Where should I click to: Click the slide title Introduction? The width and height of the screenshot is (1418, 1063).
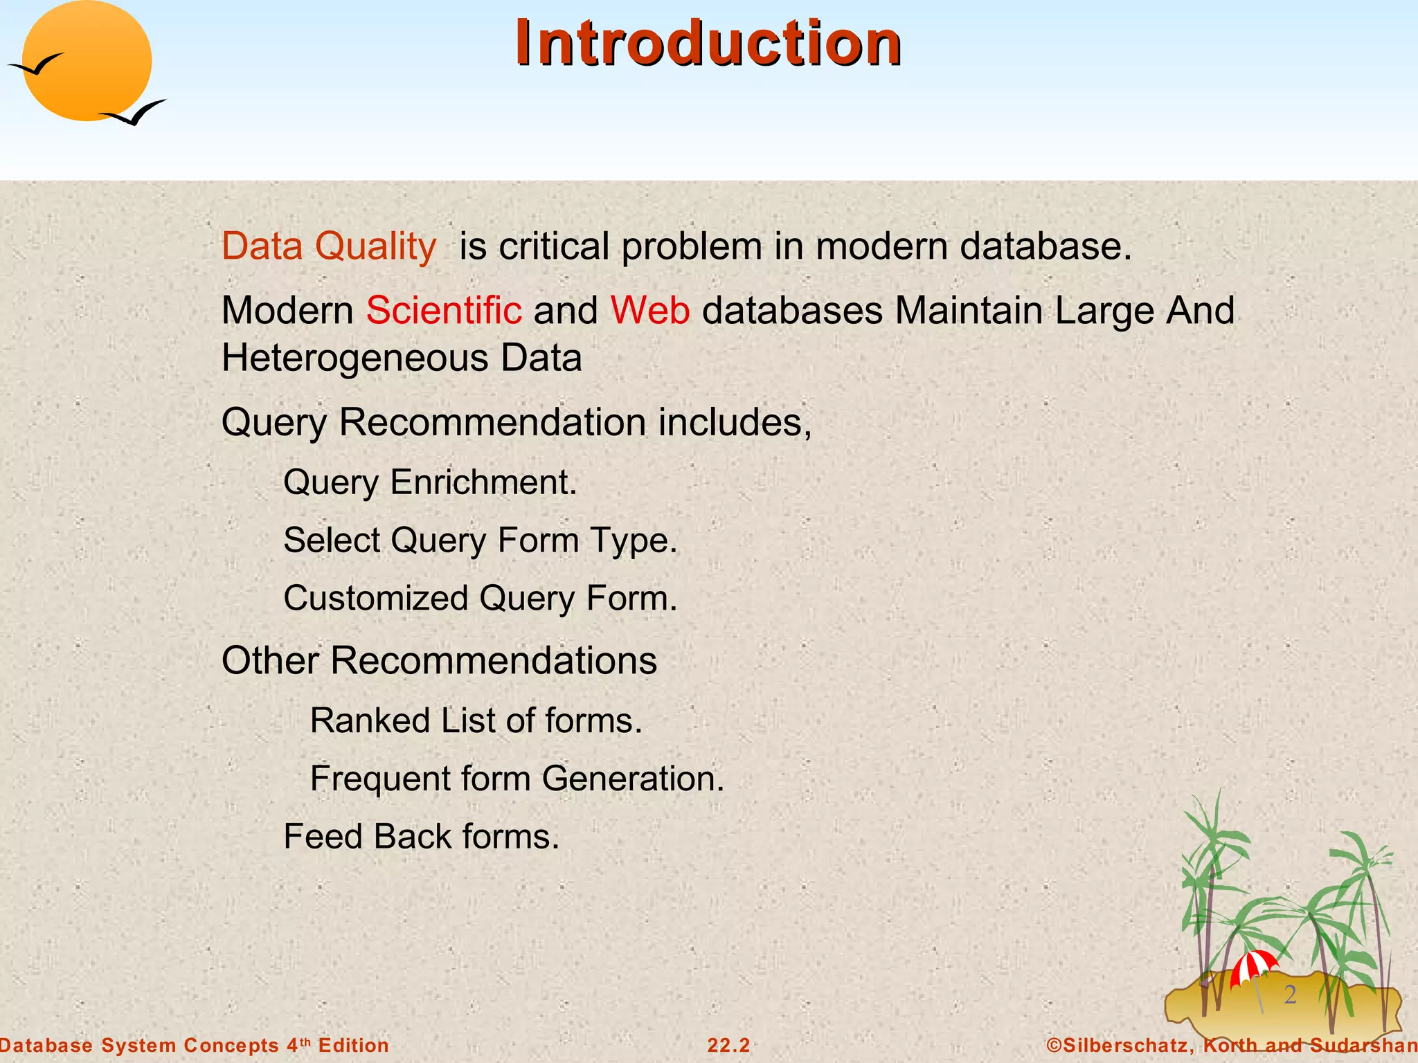click(708, 43)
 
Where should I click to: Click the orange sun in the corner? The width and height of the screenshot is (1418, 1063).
click(87, 61)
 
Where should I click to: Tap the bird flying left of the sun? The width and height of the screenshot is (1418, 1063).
click(36, 65)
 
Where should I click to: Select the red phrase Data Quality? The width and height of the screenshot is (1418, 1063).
click(329, 246)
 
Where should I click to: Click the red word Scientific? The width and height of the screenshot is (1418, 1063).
click(444, 310)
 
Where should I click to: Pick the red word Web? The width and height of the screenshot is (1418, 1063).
click(649, 310)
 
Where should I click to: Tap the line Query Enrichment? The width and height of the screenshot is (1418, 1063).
click(429, 482)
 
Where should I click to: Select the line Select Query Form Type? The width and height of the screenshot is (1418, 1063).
click(480, 540)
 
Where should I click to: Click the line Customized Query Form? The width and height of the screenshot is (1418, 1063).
click(480, 598)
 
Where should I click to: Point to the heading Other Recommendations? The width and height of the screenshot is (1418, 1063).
click(439, 660)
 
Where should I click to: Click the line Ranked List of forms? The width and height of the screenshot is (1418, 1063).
click(476, 720)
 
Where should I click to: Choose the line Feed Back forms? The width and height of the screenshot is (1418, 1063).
click(421, 836)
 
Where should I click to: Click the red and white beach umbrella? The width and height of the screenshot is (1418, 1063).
click(1253, 966)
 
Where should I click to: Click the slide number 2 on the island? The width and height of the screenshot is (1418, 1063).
click(1290, 994)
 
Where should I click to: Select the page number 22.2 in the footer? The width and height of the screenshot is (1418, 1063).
click(728, 1045)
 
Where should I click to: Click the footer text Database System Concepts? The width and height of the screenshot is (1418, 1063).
click(138, 1045)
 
